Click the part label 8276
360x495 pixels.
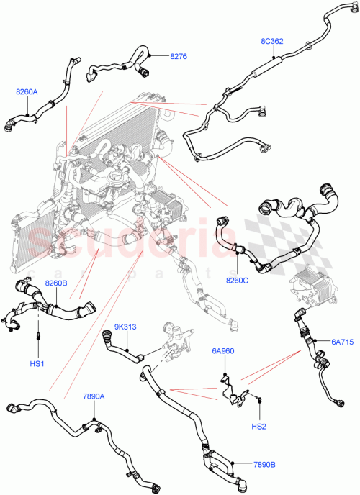(x=179, y=55)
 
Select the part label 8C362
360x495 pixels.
(x=271, y=41)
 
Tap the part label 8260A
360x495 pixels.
(x=27, y=91)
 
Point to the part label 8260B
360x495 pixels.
(x=55, y=284)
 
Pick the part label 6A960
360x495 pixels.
(x=222, y=352)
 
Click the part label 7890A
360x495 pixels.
(x=94, y=396)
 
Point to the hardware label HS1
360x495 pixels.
(x=37, y=364)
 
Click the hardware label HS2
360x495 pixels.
(x=258, y=427)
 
